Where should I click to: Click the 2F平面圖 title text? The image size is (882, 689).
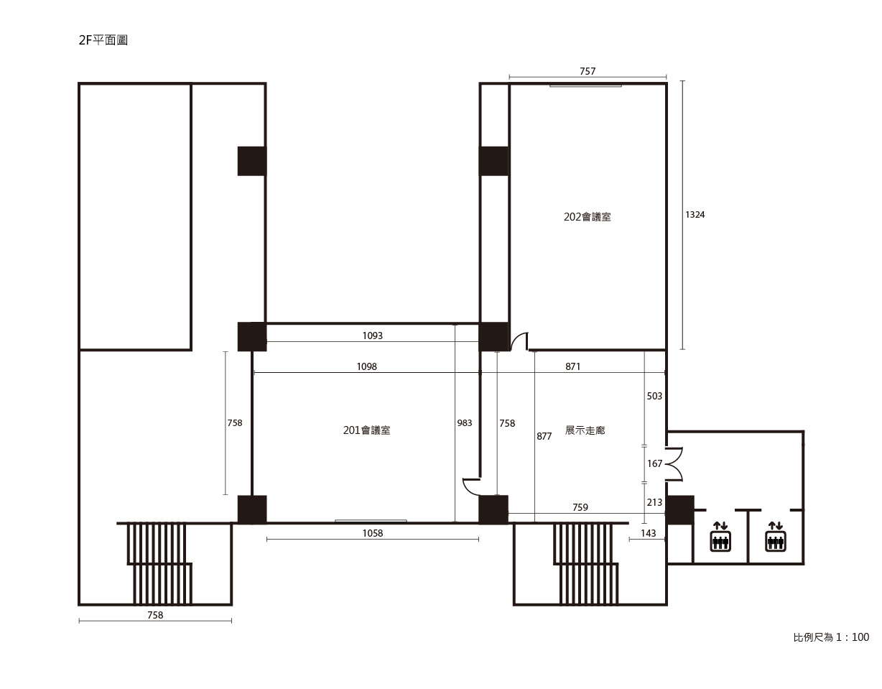[103, 40]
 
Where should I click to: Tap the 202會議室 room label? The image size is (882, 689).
[587, 217]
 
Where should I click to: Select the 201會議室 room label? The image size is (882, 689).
[366, 430]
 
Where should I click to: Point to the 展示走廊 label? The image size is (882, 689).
[585, 430]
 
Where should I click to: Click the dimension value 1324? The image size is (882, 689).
[695, 215]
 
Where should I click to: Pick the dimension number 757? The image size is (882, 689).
[588, 71]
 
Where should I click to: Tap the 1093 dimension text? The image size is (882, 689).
[372, 336]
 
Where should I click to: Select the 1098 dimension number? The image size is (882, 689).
[366, 366]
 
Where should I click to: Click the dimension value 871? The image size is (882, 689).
[572, 366]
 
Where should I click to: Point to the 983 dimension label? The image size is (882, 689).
[464, 423]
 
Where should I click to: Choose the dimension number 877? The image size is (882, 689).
[544, 436]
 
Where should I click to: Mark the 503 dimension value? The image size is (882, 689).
[654, 396]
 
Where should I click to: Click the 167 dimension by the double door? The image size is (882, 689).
[654, 463]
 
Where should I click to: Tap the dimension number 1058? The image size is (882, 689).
[372, 533]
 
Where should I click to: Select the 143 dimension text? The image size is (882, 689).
[648, 533]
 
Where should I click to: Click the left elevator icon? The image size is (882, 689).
[720, 537]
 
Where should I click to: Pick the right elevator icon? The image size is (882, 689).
[775, 537]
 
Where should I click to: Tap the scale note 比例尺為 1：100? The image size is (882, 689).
[831, 637]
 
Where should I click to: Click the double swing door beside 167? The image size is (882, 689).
[674, 464]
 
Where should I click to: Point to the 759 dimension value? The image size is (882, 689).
[580, 507]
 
